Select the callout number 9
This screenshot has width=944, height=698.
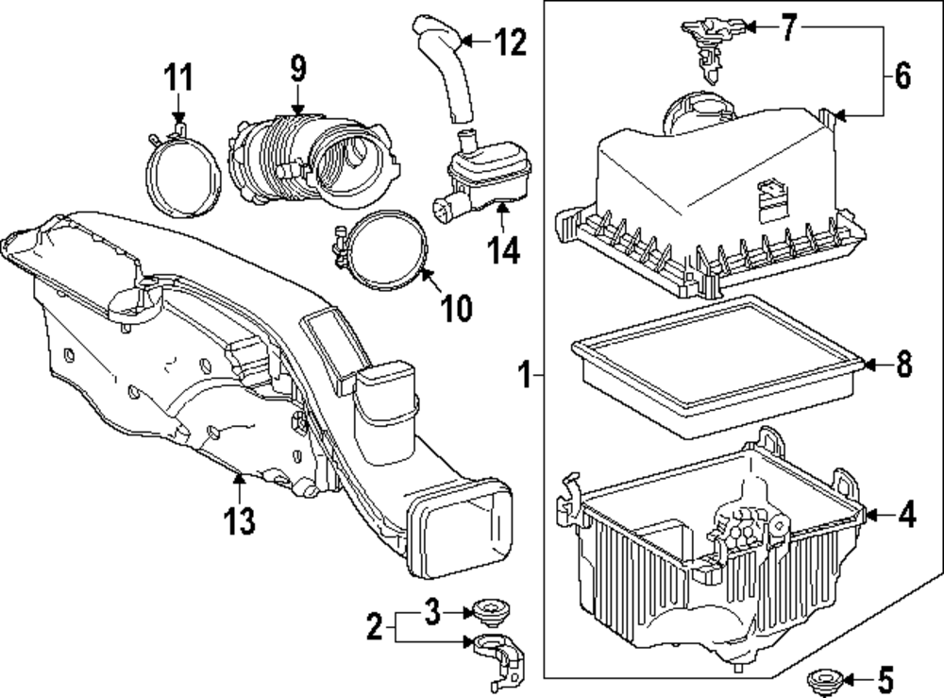pyautogui.click(x=297, y=68)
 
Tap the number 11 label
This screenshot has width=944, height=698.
pyautogui.click(x=178, y=76)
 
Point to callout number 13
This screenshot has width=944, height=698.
pyautogui.click(x=241, y=519)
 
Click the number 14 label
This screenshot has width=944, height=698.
pyautogui.click(x=501, y=253)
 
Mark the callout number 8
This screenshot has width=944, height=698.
pyautogui.click(x=903, y=365)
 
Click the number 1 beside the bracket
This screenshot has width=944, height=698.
pyautogui.click(x=525, y=378)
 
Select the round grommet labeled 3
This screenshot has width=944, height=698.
pyautogui.click(x=489, y=611)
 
